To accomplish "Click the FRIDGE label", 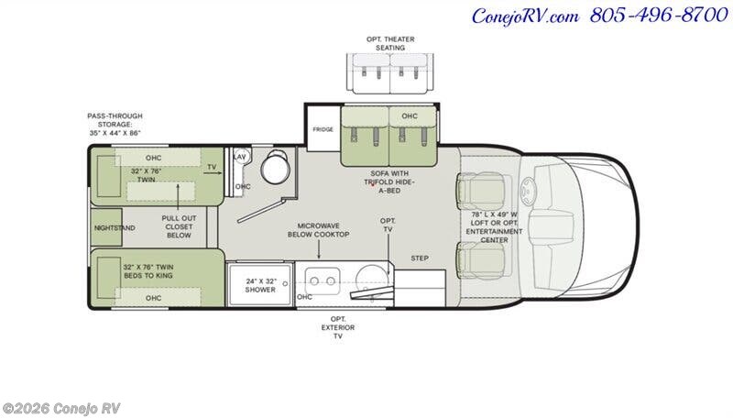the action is pyautogui.click(x=323, y=129).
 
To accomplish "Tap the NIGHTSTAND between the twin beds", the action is pyautogui.click(x=115, y=227).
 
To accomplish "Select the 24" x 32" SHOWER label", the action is pyautogui.click(x=261, y=285).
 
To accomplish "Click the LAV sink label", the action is pyautogui.click(x=240, y=157).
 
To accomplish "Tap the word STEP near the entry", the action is pyautogui.click(x=420, y=258).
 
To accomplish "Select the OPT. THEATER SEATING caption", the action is pyautogui.click(x=390, y=43).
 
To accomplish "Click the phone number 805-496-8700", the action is pyautogui.click(x=659, y=15).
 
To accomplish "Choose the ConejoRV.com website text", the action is pyautogui.click(x=525, y=16).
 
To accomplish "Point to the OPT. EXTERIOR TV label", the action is pyautogui.click(x=337, y=327).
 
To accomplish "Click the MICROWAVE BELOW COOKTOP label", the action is pyautogui.click(x=318, y=230).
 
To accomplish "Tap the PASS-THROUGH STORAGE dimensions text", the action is pyautogui.click(x=115, y=124).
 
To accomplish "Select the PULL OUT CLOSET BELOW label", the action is pyautogui.click(x=179, y=226).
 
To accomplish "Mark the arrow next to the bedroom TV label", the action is pyautogui.click(x=213, y=173).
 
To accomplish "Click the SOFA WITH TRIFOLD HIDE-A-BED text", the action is pyautogui.click(x=389, y=181).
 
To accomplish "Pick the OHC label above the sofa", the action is pyautogui.click(x=410, y=115).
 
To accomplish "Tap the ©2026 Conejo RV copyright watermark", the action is pyautogui.click(x=60, y=409).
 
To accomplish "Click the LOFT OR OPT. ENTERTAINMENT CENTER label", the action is pyautogui.click(x=494, y=227).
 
